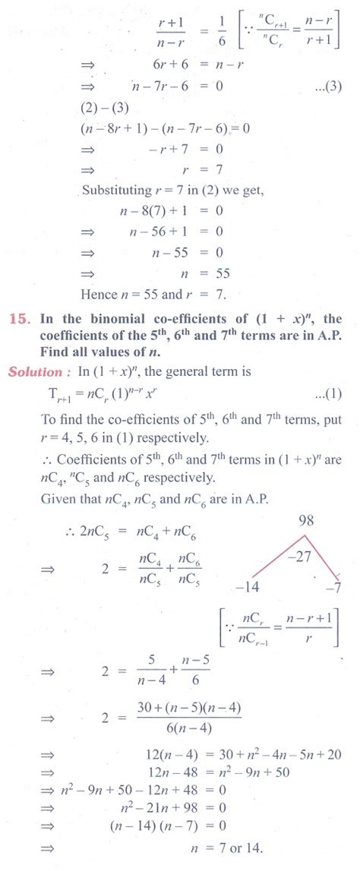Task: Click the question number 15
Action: (x=22, y=320)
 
